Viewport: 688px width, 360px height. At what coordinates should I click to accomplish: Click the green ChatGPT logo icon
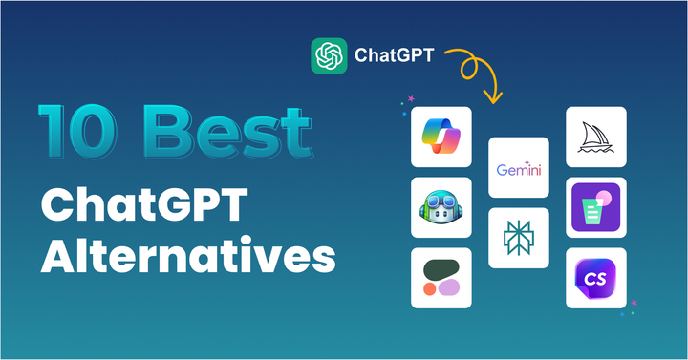[328, 54]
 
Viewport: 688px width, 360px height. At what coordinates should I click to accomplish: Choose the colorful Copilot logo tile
[441, 135]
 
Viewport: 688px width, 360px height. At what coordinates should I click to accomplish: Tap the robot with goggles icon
[441, 206]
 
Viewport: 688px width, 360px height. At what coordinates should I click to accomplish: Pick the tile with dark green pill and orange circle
[441, 278]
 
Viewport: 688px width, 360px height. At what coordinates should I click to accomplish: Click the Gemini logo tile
[520, 169]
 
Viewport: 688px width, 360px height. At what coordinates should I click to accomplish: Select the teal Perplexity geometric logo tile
[520, 239]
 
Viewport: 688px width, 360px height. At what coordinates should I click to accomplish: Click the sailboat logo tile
[596, 136]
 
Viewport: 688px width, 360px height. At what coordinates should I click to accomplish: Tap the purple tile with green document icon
[596, 207]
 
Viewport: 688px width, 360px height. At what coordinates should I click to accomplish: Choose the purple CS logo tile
[596, 278]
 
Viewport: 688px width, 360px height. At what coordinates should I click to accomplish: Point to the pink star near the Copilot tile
[411, 97]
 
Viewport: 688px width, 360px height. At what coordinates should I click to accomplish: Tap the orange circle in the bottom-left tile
[431, 287]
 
